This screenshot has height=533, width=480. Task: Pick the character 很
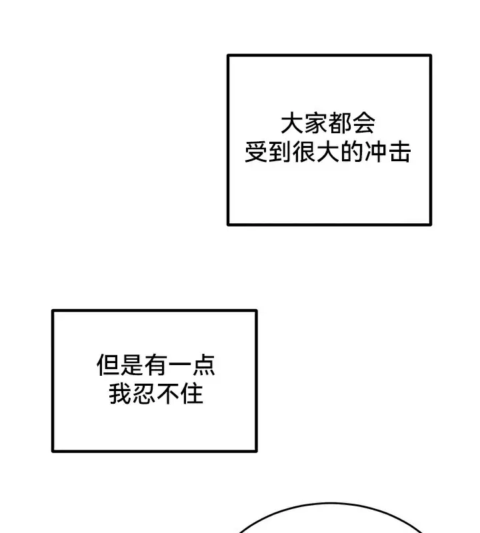click(304, 152)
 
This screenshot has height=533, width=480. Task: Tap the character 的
click(352, 152)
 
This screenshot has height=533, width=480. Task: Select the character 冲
click(375, 152)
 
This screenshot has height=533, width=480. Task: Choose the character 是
click(132, 364)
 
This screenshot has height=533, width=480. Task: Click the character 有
click(156, 364)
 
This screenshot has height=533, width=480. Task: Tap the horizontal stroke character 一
click(179, 364)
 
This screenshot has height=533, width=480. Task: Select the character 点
click(203, 364)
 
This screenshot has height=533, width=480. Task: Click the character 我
click(121, 394)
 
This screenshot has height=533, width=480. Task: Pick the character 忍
click(144, 394)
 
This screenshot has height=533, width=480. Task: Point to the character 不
click(168, 394)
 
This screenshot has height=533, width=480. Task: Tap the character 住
click(192, 394)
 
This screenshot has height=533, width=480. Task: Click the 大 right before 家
click(292, 123)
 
